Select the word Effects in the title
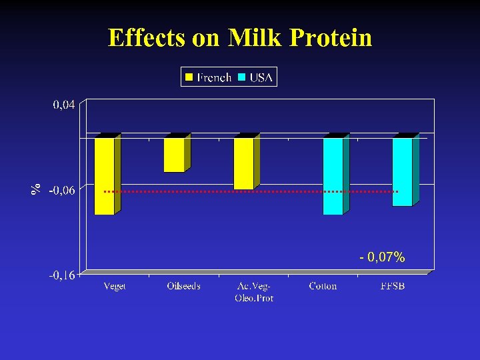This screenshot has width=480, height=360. tap(147, 38)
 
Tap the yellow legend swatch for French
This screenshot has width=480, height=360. tap(189, 77)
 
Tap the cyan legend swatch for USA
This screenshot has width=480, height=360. tap(242, 77)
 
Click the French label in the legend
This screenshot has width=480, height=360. tap(214, 77)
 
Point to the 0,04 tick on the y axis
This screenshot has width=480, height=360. tap(64, 104)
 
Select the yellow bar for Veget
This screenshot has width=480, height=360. tap(105, 176)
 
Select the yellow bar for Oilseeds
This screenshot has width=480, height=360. tap(174, 155)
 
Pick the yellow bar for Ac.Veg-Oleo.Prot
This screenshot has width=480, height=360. tap(243, 163)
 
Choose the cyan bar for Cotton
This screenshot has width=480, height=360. tap(333, 176)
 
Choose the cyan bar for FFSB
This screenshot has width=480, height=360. tap(402, 172)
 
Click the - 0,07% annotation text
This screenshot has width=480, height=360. tap(382, 257)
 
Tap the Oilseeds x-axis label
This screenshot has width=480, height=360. tap(183, 286)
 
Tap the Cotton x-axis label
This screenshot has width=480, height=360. tap(323, 286)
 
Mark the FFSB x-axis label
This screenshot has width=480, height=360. tap(392, 286)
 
